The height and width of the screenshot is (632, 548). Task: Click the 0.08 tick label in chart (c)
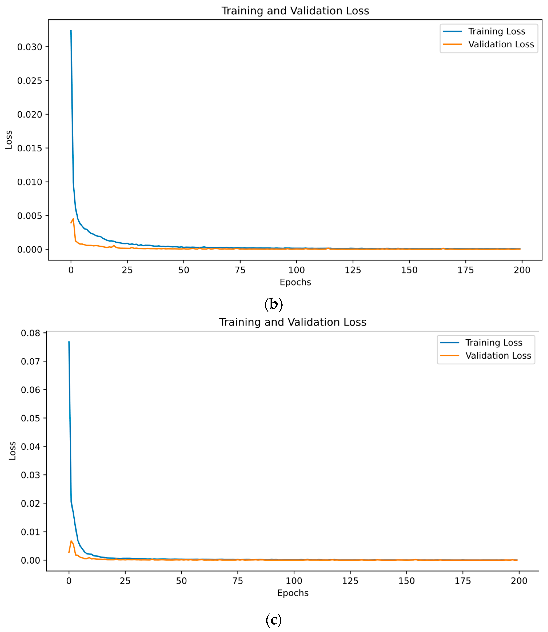[x=30, y=333]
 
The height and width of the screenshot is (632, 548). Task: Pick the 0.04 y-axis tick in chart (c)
[x=30, y=447]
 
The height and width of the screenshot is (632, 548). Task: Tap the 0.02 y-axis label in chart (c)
[x=30, y=503]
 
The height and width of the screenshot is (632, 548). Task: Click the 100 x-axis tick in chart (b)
[x=296, y=270]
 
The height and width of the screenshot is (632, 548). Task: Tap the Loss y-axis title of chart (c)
[x=12, y=451]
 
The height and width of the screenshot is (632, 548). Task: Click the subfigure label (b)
[x=273, y=304]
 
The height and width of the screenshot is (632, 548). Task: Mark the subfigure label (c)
[x=273, y=620]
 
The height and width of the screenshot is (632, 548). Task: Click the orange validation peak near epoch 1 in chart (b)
[x=73, y=219]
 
